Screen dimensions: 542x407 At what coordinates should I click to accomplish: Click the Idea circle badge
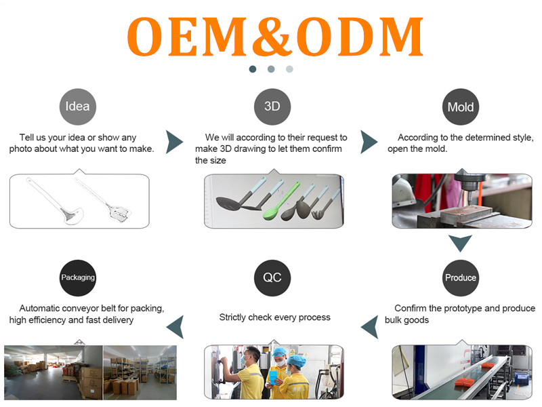click(78, 106)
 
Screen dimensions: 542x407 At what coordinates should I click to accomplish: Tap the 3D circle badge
click(272, 106)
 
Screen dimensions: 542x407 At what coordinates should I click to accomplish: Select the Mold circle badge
click(461, 107)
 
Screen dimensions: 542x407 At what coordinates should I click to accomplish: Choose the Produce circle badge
click(461, 278)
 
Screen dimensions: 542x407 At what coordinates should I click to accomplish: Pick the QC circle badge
click(272, 278)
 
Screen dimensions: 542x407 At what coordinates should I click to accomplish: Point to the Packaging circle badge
click(78, 278)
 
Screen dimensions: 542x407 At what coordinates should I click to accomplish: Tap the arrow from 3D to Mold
click(368, 142)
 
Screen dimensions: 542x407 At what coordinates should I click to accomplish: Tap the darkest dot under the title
click(253, 69)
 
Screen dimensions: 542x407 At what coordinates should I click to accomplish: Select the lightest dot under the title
click(290, 69)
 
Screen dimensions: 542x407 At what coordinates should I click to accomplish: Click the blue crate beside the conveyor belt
click(522, 379)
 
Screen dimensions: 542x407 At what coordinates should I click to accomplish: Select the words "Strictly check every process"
click(275, 317)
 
